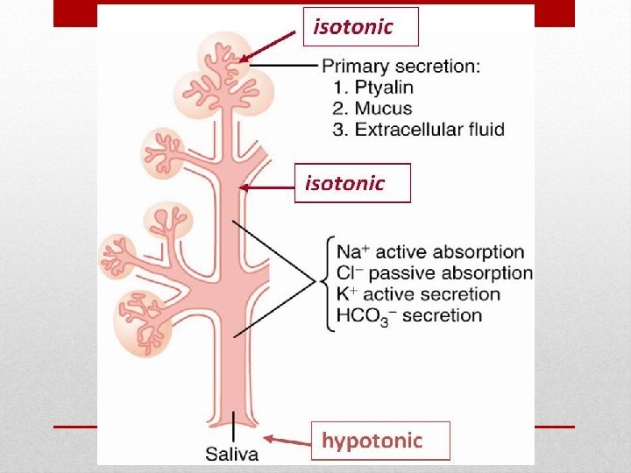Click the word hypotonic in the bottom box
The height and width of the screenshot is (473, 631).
372,441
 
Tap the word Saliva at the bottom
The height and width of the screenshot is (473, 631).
231,454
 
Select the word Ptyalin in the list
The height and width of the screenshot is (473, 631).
384,88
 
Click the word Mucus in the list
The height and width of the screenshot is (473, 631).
381,109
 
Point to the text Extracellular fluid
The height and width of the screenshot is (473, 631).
429,130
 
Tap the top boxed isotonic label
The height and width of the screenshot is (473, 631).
353,27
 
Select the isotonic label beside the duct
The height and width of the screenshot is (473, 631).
344,183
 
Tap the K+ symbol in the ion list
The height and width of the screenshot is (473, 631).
344,294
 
